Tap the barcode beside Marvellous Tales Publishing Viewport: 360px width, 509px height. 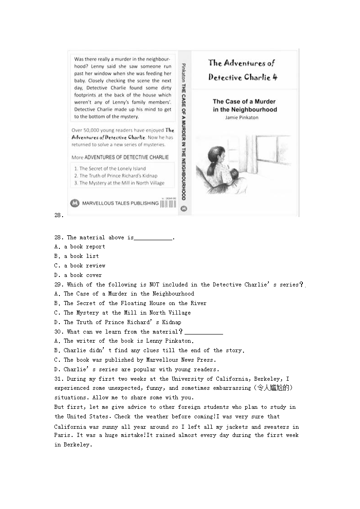(x=168, y=204)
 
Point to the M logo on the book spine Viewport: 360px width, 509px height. (x=183, y=209)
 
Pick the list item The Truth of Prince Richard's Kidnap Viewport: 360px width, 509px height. (x=118, y=176)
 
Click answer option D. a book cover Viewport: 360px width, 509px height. (x=78, y=275)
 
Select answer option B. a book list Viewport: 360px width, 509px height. (x=76, y=256)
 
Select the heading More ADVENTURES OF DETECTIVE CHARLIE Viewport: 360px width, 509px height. (x=120, y=157)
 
